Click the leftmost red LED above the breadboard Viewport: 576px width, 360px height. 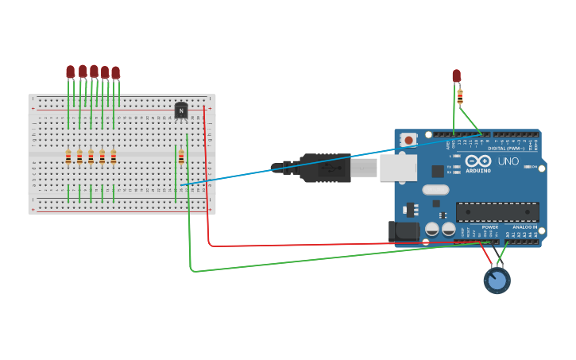(x=71, y=72)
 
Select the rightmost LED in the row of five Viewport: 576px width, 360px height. (x=115, y=72)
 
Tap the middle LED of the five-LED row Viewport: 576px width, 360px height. (x=94, y=71)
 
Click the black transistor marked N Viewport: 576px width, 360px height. (x=181, y=110)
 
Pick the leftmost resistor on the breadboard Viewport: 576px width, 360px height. (x=68, y=157)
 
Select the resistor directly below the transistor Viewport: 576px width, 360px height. (x=181, y=157)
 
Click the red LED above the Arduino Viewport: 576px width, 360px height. (x=456, y=75)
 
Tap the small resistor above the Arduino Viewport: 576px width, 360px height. (x=460, y=96)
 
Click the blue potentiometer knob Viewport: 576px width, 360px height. (x=497, y=281)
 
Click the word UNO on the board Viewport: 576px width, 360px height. (x=508, y=161)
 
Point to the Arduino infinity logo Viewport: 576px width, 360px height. (x=477, y=161)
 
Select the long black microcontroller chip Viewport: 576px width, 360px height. (x=497, y=212)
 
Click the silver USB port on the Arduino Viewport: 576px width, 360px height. (x=397, y=168)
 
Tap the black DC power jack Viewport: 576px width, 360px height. (x=404, y=230)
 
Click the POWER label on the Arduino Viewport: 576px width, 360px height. (x=490, y=226)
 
